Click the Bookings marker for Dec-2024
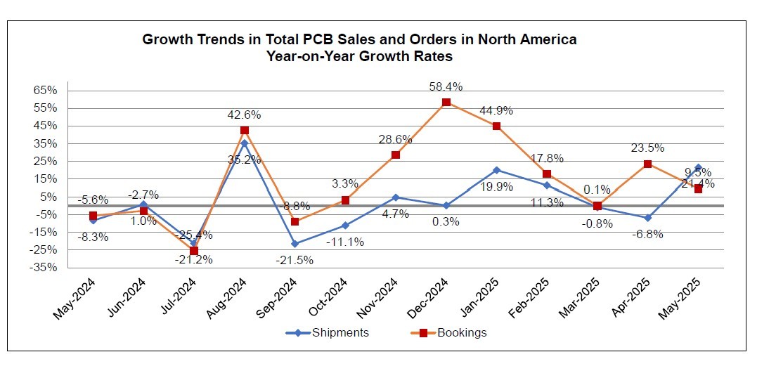[446, 103]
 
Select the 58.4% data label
[446, 86]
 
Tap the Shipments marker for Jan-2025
[496, 170]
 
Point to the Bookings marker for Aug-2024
[245, 130]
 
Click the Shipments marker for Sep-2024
[295, 244]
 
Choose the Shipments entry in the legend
[330, 332]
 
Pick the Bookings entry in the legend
[454, 332]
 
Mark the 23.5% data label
[647, 148]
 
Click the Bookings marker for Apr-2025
[647, 164]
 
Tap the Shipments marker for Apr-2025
[647, 218]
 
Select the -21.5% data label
[295, 260]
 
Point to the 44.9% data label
[496, 110]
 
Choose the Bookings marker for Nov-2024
[396, 155]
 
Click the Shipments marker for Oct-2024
[345, 226]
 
